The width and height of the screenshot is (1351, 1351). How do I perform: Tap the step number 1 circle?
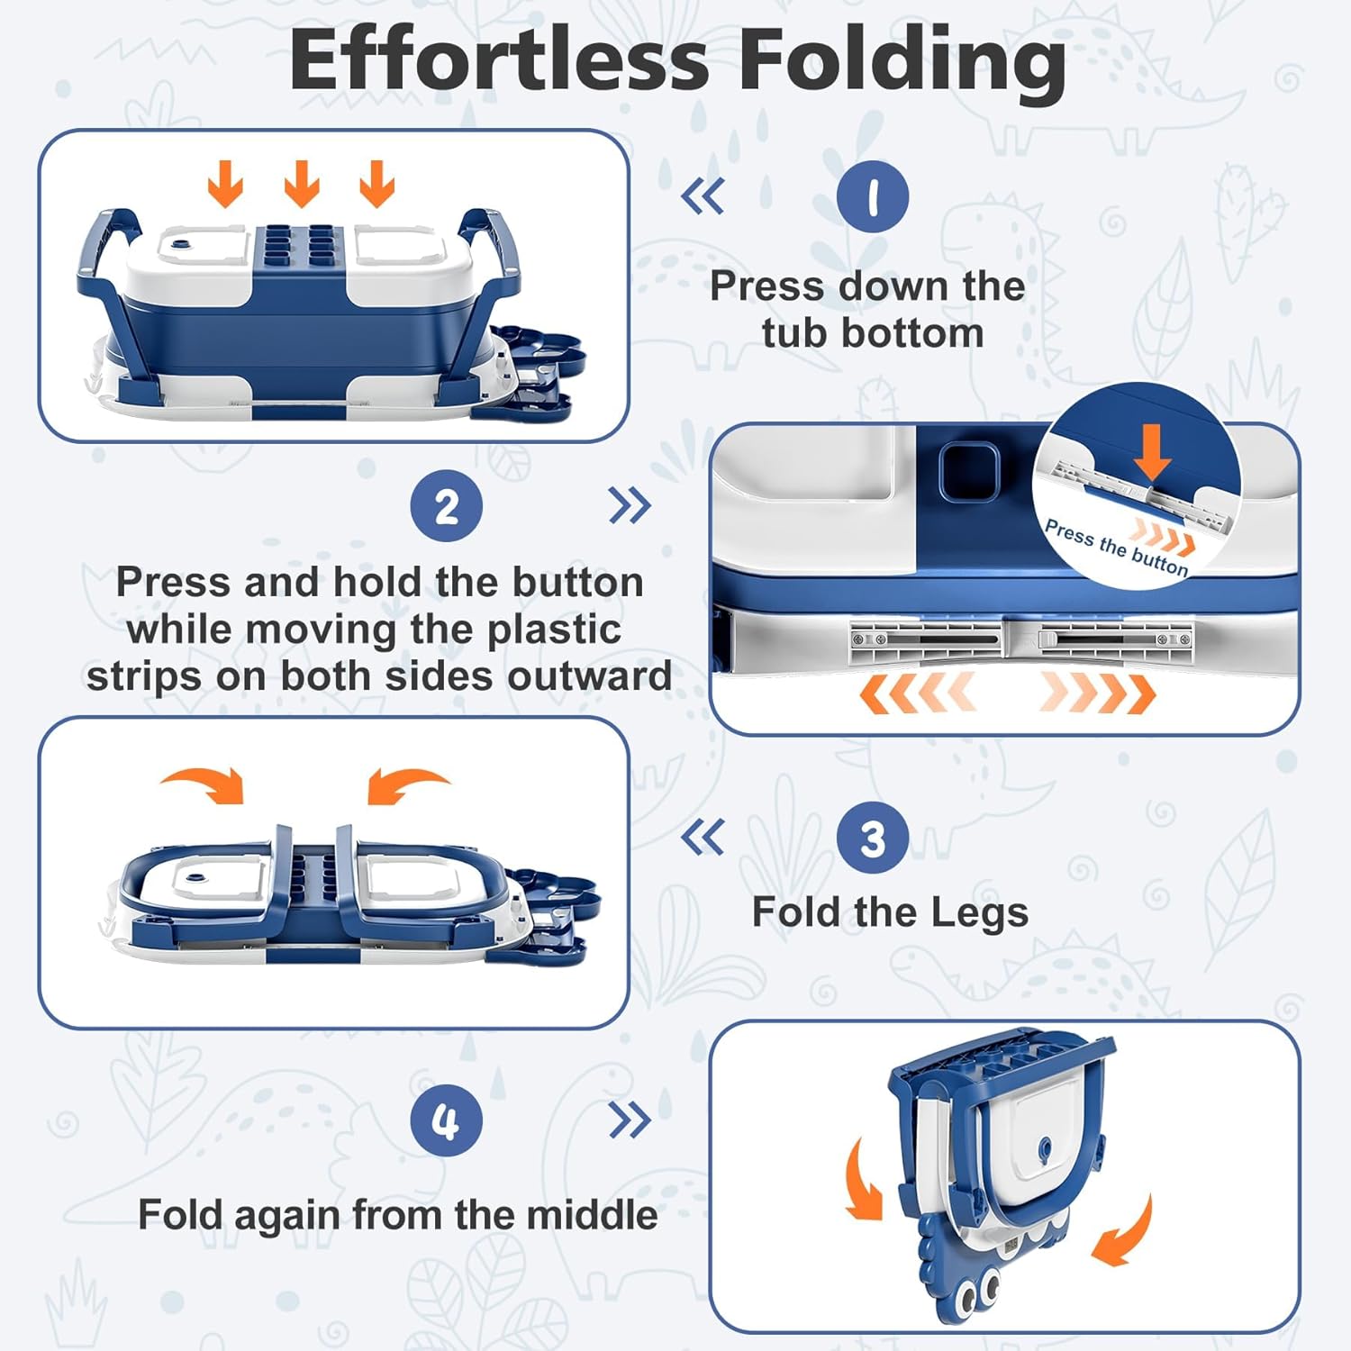(872, 196)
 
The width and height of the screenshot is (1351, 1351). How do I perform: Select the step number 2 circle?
(447, 506)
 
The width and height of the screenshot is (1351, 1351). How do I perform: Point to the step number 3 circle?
(872, 838)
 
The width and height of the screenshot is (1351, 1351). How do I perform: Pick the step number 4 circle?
(447, 1120)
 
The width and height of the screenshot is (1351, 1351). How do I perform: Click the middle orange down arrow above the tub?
(302, 184)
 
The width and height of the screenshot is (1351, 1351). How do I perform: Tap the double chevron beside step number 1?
(703, 195)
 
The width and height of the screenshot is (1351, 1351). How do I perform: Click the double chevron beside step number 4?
(630, 1120)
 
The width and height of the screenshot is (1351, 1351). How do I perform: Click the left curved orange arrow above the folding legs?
(205, 783)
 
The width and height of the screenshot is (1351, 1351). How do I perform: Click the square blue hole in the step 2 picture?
(968, 469)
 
